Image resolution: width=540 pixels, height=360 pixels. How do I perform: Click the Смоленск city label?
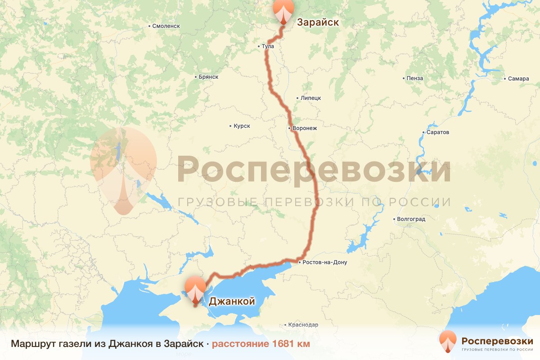pos(166,26)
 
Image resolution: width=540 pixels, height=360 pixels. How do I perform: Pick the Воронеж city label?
pos(304,128)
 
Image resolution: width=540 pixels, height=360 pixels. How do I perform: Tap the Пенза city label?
pos(414,78)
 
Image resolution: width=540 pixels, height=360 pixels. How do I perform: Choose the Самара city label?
pos(518,79)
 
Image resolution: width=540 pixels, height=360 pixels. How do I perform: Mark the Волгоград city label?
pos(411,220)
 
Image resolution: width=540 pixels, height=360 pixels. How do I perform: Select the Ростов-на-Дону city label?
pos(324,262)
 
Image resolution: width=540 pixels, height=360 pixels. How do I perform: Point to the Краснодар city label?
pos(303,325)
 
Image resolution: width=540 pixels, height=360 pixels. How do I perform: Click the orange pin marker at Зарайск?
pos(283,11)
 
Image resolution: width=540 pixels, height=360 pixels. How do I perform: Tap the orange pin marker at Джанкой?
pos(195,290)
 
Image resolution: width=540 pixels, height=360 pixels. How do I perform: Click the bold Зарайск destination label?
pos(318,22)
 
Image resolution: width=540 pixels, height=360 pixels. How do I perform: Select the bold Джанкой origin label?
pos(232,301)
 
